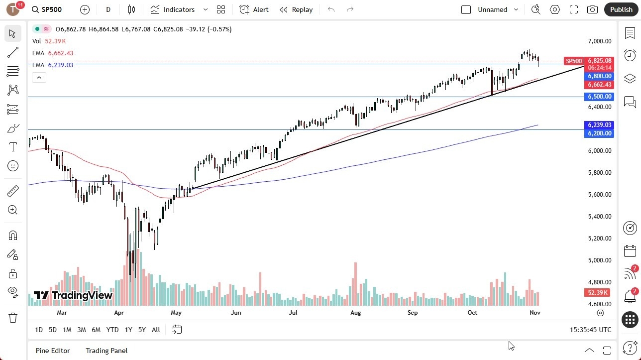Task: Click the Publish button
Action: (621, 9)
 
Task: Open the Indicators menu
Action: (173, 9)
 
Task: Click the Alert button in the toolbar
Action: (254, 9)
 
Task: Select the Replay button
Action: (296, 9)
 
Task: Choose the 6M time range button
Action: (96, 330)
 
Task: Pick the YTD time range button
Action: (112, 330)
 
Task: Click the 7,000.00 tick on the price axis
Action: (599, 41)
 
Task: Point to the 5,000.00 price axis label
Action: (599, 260)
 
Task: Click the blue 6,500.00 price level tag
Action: (599, 97)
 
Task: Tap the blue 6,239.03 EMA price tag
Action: (599, 125)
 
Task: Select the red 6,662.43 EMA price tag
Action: (599, 85)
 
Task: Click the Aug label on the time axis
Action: (355, 313)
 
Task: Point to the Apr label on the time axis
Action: (118, 313)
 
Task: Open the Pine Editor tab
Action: (53, 351)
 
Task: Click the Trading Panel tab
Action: (107, 351)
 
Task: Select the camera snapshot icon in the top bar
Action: (592, 9)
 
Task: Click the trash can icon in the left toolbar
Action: (13, 318)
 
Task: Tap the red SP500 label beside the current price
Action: (573, 61)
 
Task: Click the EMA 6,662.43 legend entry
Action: (53, 53)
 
